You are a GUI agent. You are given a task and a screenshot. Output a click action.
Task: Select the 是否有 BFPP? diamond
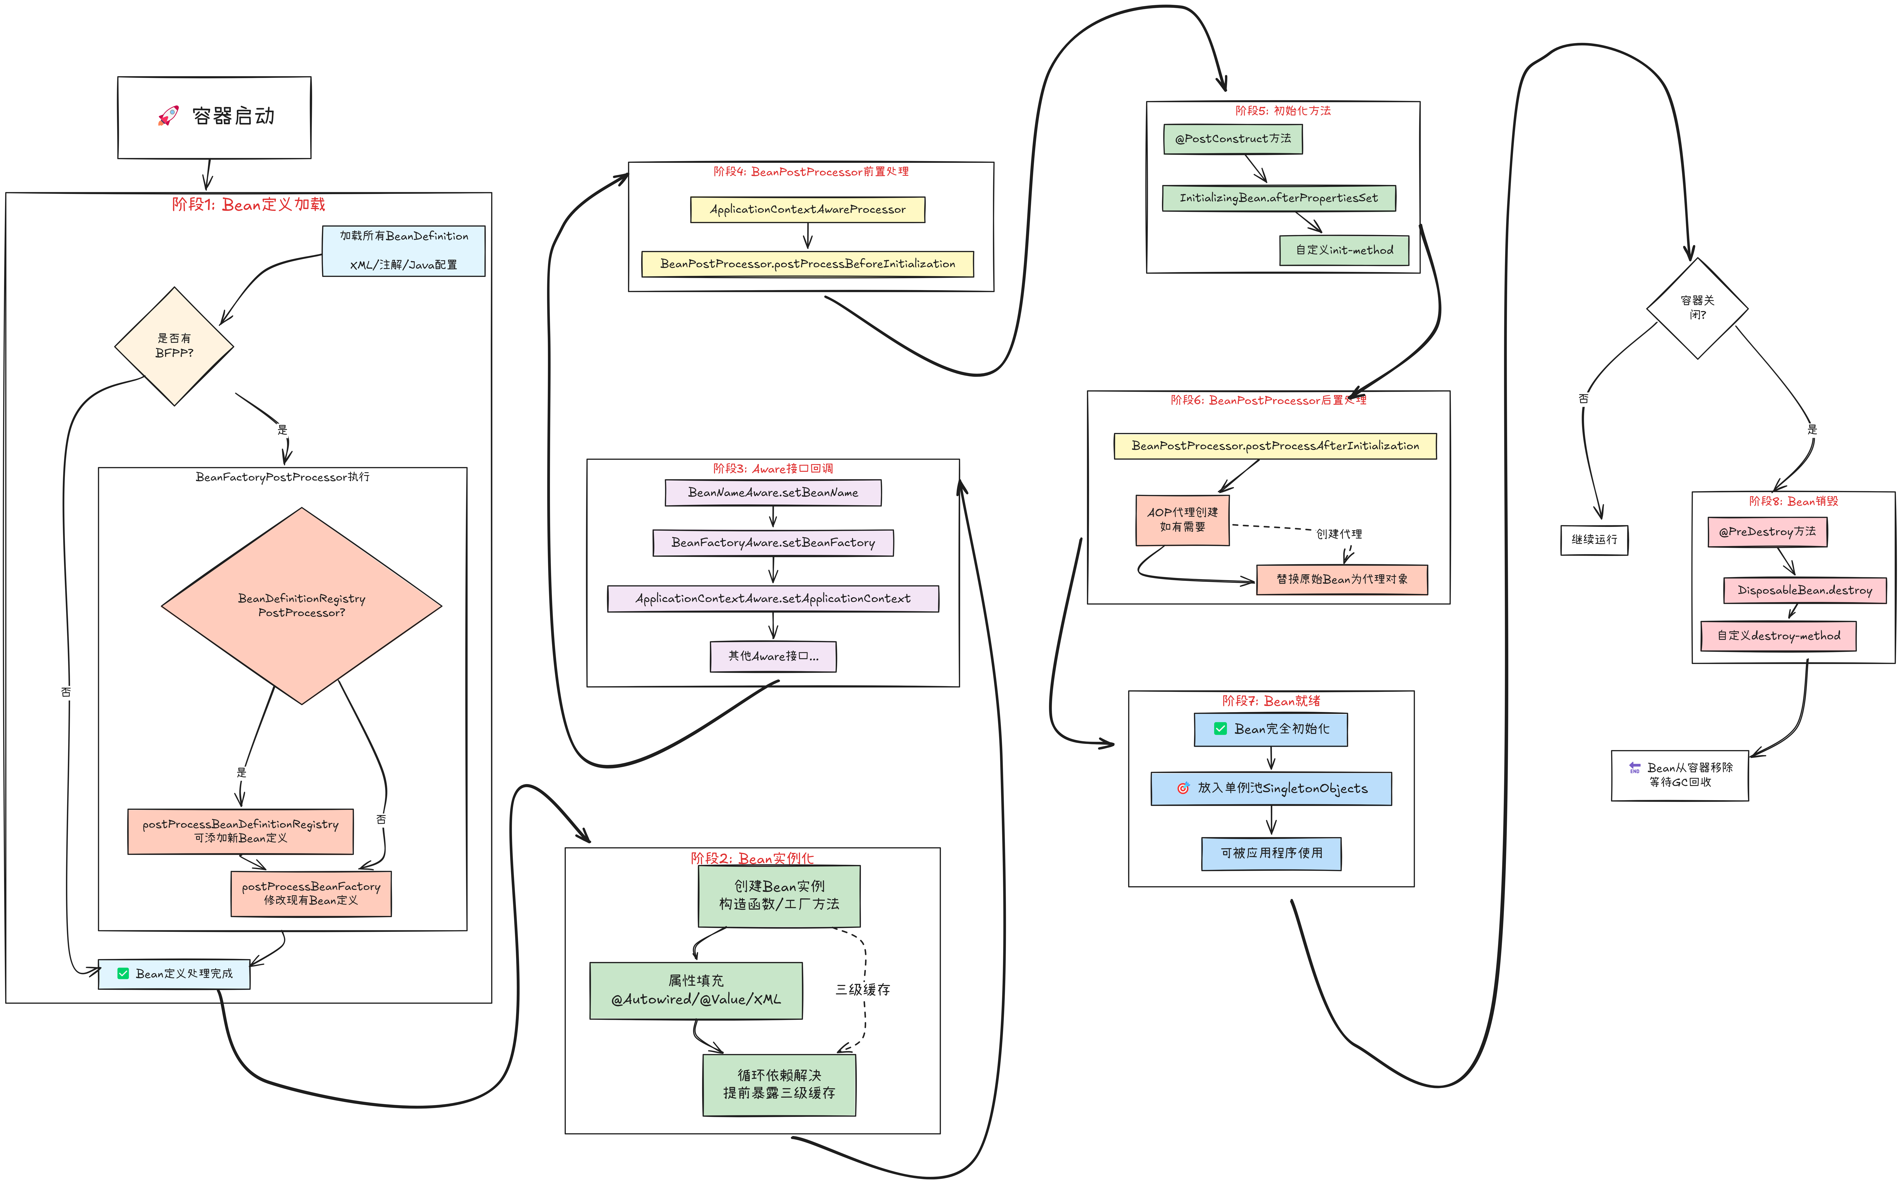(x=174, y=346)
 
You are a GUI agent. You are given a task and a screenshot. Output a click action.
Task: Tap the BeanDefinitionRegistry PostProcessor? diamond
(x=301, y=605)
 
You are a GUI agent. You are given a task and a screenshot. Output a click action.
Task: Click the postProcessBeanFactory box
(x=311, y=894)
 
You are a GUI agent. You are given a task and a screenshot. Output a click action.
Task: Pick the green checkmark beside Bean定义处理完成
(x=123, y=973)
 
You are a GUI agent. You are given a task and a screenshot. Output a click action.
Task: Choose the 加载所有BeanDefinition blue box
(x=403, y=251)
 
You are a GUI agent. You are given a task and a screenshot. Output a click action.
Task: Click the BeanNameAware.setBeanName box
(x=773, y=493)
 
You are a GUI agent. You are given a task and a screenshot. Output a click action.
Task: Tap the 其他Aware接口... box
(x=773, y=656)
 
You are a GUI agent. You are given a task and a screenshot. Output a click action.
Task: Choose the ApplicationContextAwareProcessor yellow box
(x=807, y=210)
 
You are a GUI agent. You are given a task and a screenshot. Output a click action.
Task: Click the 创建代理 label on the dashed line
(x=1339, y=534)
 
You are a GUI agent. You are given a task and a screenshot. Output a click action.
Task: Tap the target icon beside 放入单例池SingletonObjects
(x=1183, y=789)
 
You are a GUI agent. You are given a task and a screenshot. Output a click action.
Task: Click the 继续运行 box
(x=1594, y=540)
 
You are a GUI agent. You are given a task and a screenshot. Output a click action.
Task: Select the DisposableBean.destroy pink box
(x=1804, y=590)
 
